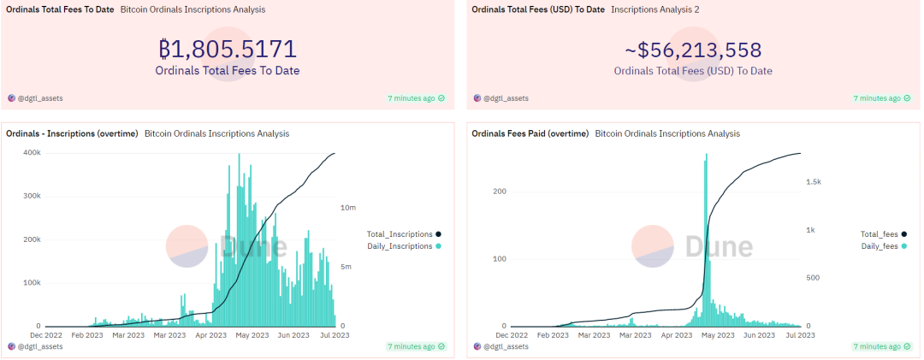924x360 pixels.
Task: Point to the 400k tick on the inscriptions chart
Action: click(31, 152)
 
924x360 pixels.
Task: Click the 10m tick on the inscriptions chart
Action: click(349, 208)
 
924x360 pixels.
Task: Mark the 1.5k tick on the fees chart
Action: click(813, 182)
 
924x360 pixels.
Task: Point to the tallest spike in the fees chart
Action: click(706, 156)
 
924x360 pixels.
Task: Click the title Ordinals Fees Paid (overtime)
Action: click(530, 133)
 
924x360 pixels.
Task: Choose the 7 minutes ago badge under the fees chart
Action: click(880, 346)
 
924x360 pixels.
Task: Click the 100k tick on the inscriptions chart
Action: click(31, 282)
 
